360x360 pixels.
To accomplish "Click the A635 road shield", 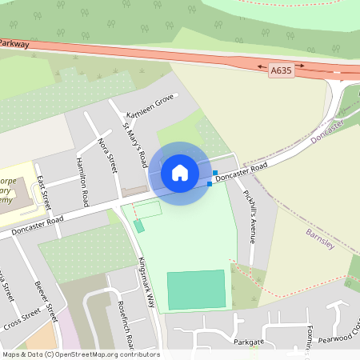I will pyautogui.click(x=280, y=71).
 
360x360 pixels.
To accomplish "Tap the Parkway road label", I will pyautogui.click(x=14, y=44).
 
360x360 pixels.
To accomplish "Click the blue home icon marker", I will pyautogui.click(x=180, y=173).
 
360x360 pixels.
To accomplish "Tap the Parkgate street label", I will pyautogui.click(x=249, y=342).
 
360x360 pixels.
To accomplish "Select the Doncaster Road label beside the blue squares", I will pyautogui.click(x=241, y=170).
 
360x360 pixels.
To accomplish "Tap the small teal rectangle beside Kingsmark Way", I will pyautogui.click(x=139, y=226).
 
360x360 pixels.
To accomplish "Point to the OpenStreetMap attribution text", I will pyautogui.click(x=81, y=354).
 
